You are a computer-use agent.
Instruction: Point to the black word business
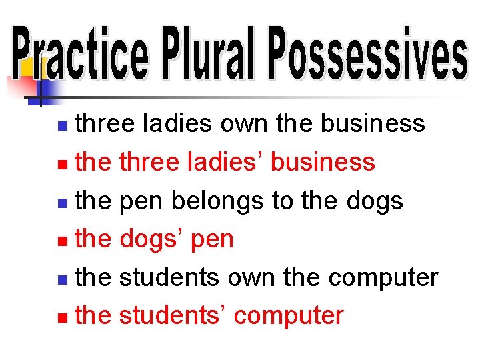point(373,123)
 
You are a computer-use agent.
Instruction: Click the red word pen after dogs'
point(212,240)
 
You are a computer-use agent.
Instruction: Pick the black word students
point(169,277)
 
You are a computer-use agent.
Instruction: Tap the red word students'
point(173,315)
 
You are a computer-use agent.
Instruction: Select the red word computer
point(289,316)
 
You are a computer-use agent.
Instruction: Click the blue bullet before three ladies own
point(62,125)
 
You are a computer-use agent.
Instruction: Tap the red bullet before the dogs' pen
point(62,240)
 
